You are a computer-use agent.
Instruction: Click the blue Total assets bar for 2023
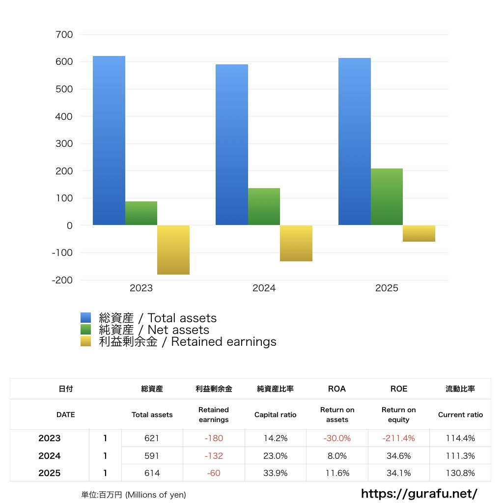point(109,141)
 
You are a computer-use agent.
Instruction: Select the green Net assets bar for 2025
point(387,197)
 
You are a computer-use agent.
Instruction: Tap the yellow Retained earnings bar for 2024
point(296,243)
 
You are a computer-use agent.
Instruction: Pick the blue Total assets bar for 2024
point(232,145)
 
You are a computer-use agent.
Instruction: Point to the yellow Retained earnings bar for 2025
point(419,233)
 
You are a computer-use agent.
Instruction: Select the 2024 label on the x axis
point(264,288)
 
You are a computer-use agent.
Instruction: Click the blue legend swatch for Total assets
point(86,318)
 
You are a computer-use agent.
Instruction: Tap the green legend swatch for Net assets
point(86,330)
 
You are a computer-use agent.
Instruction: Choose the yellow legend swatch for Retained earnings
point(86,341)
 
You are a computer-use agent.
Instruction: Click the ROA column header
point(337,389)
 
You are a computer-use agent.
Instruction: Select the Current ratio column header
point(460,415)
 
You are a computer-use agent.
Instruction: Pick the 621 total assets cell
point(152,438)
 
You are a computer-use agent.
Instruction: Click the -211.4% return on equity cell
point(399,438)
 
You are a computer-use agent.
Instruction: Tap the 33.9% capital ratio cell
point(275,473)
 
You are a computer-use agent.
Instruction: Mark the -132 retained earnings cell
point(214,456)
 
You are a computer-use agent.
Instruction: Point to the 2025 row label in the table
point(50,473)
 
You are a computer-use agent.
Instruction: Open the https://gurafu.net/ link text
point(419,493)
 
